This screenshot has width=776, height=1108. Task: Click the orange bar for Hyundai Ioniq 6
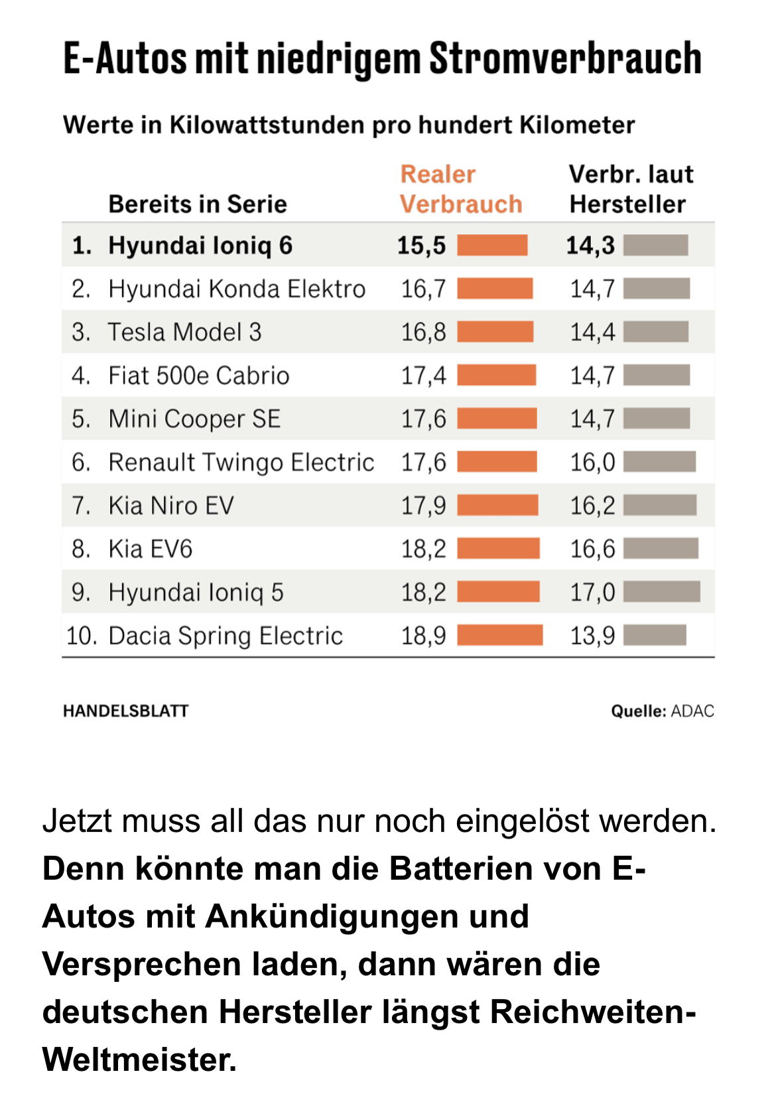[x=492, y=245]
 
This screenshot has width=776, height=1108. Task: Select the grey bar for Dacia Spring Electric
[x=655, y=635]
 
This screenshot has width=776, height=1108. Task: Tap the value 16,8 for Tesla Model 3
[x=423, y=332]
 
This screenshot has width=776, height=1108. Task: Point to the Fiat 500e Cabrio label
[x=199, y=376]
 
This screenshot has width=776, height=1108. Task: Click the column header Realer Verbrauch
[x=461, y=189]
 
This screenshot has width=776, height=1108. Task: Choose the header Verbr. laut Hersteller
[x=630, y=189]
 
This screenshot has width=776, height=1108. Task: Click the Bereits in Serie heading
[x=198, y=204]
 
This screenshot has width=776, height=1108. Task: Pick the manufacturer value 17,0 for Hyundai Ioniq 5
[x=592, y=592]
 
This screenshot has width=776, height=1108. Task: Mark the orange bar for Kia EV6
[x=498, y=549]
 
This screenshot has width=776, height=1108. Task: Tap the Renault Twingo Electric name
[x=241, y=462]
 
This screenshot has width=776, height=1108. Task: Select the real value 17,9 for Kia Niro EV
[x=423, y=506]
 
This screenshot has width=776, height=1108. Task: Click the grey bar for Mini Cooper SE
[x=657, y=419]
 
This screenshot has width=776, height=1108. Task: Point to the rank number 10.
[x=81, y=636]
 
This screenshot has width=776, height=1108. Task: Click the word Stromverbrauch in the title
[x=565, y=58]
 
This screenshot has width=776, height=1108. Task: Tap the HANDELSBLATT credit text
[x=126, y=711]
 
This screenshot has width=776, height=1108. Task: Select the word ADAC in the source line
[x=692, y=711]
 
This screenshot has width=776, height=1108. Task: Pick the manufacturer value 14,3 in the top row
[x=590, y=245]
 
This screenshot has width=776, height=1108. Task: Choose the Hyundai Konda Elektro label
[x=237, y=289]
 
